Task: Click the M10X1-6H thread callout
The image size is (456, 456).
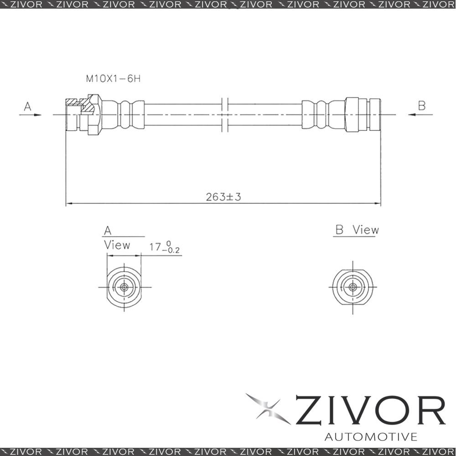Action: (113, 78)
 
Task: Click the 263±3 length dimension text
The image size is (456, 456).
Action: (223, 197)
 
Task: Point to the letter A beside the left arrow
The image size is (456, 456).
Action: (27, 106)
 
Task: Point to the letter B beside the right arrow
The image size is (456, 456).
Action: (422, 105)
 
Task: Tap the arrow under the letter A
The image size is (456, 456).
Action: (30, 115)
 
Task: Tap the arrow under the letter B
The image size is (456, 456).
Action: (420, 114)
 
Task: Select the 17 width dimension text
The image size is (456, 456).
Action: (155, 247)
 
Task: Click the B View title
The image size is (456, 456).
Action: (357, 230)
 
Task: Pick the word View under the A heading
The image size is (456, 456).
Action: (117, 245)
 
